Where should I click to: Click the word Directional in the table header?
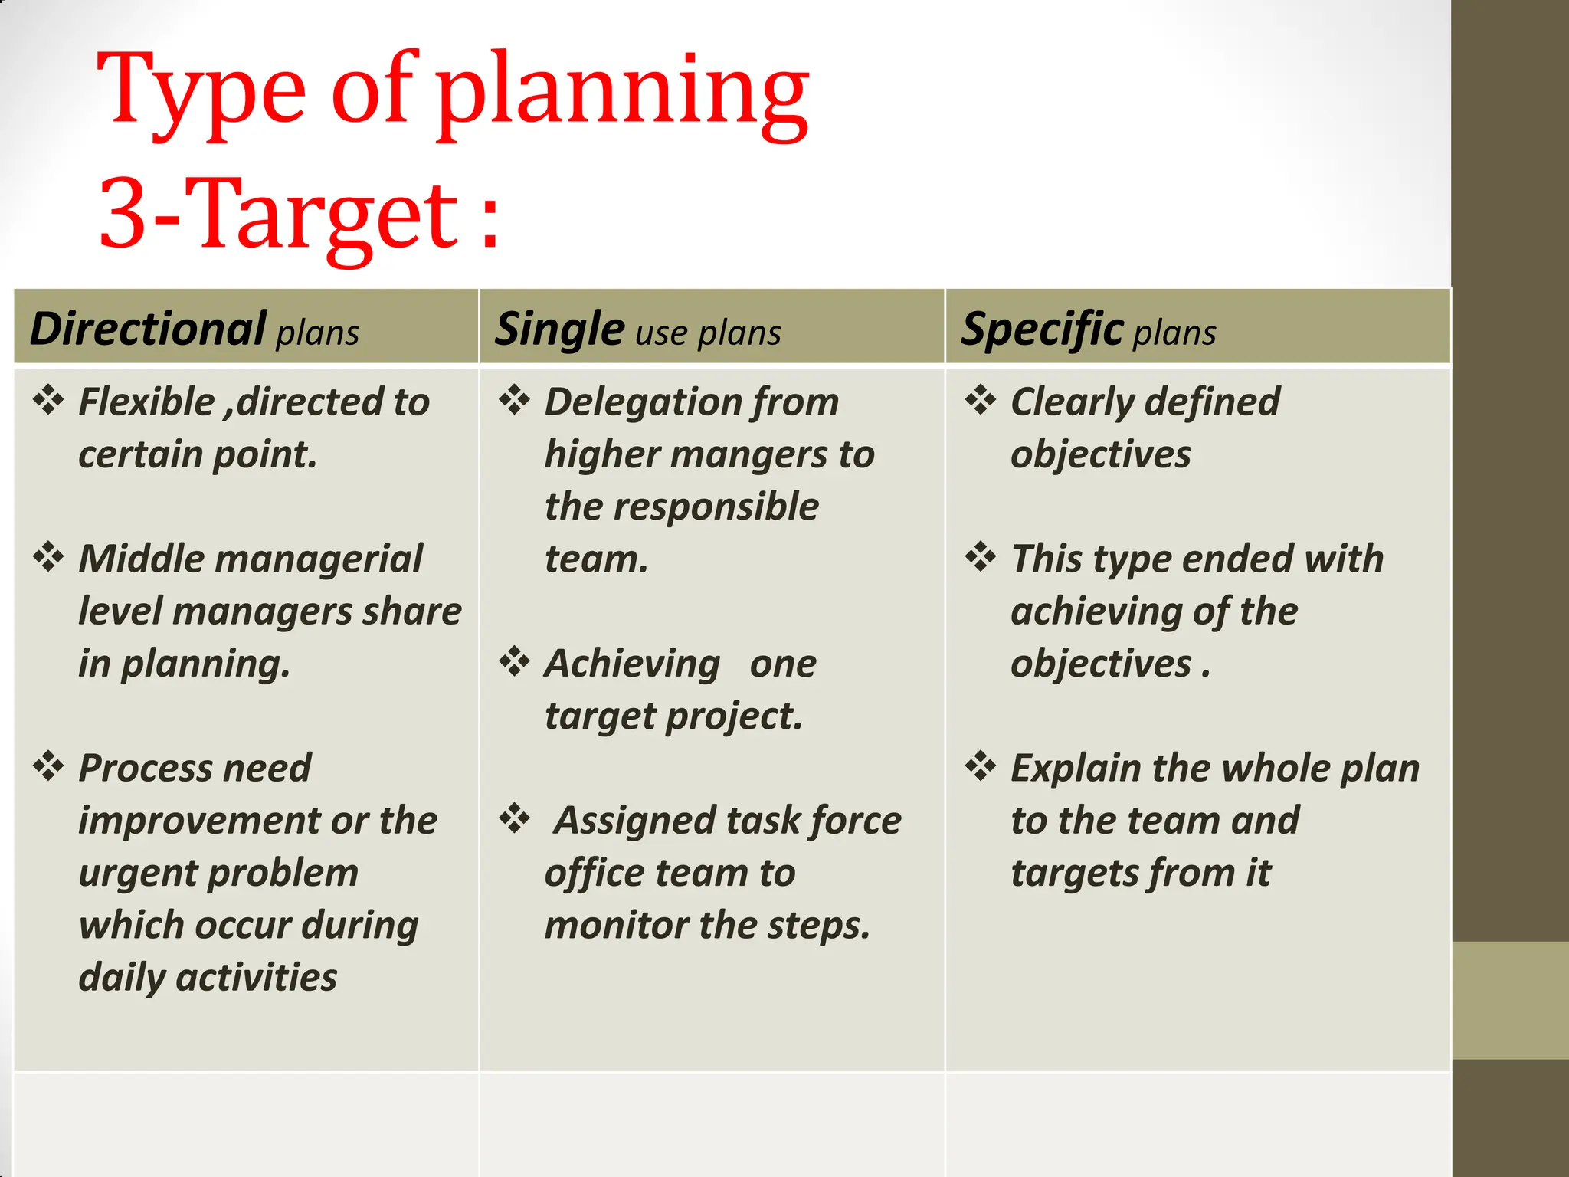[148, 329]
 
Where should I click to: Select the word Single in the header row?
[559, 329]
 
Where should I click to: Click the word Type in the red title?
[201, 92]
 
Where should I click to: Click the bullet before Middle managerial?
[48, 557]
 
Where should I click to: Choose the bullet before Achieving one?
[514, 661]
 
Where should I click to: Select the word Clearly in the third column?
[1071, 402]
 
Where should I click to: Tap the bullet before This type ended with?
[981, 557]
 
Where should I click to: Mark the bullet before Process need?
[48, 766]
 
